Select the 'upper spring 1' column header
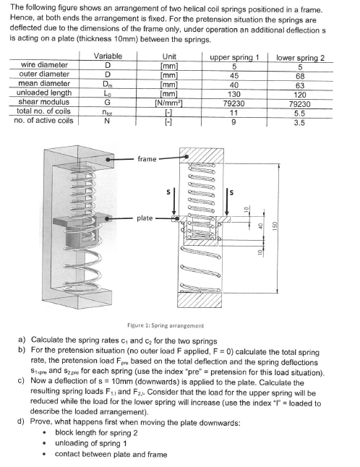pos(233,56)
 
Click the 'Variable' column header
pos(108,56)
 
